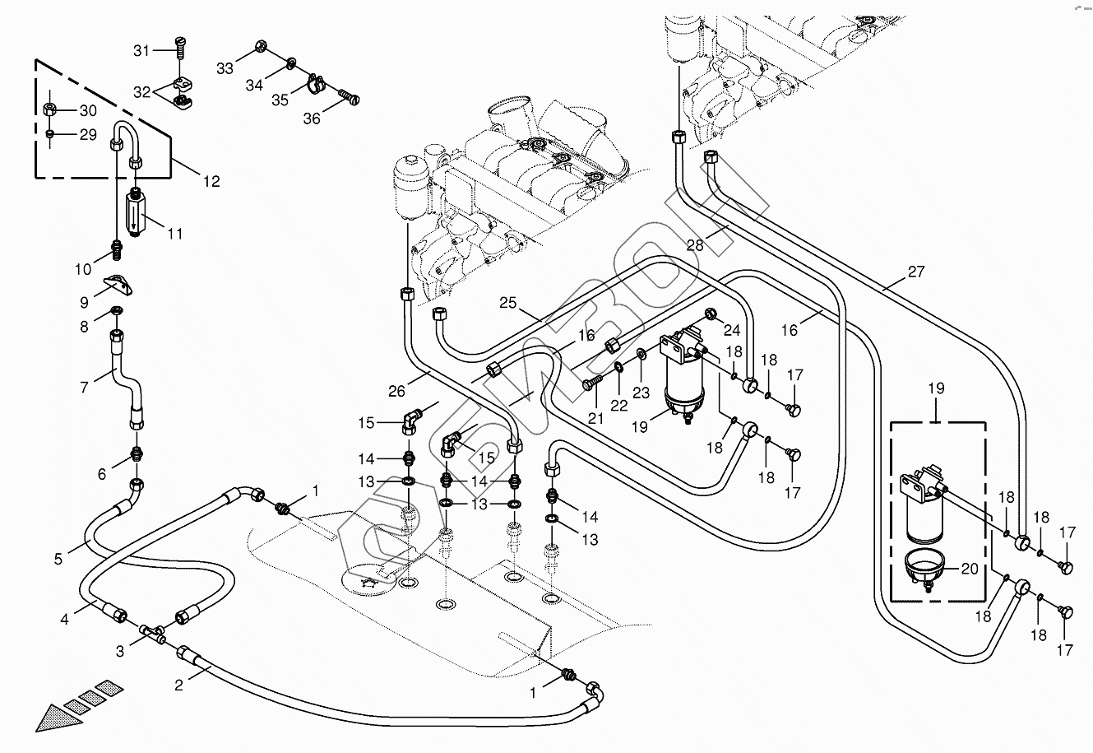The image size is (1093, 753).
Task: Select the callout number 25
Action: [508, 304]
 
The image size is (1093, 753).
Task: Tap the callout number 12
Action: [212, 181]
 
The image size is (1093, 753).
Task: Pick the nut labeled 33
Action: [261, 46]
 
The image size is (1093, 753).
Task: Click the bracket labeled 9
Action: [121, 286]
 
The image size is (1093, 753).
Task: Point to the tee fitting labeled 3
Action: [151, 633]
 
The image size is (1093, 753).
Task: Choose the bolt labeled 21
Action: [590, 383]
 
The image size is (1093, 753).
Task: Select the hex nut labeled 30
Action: [49, 109]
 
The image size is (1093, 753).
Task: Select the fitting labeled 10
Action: [116, 245]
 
